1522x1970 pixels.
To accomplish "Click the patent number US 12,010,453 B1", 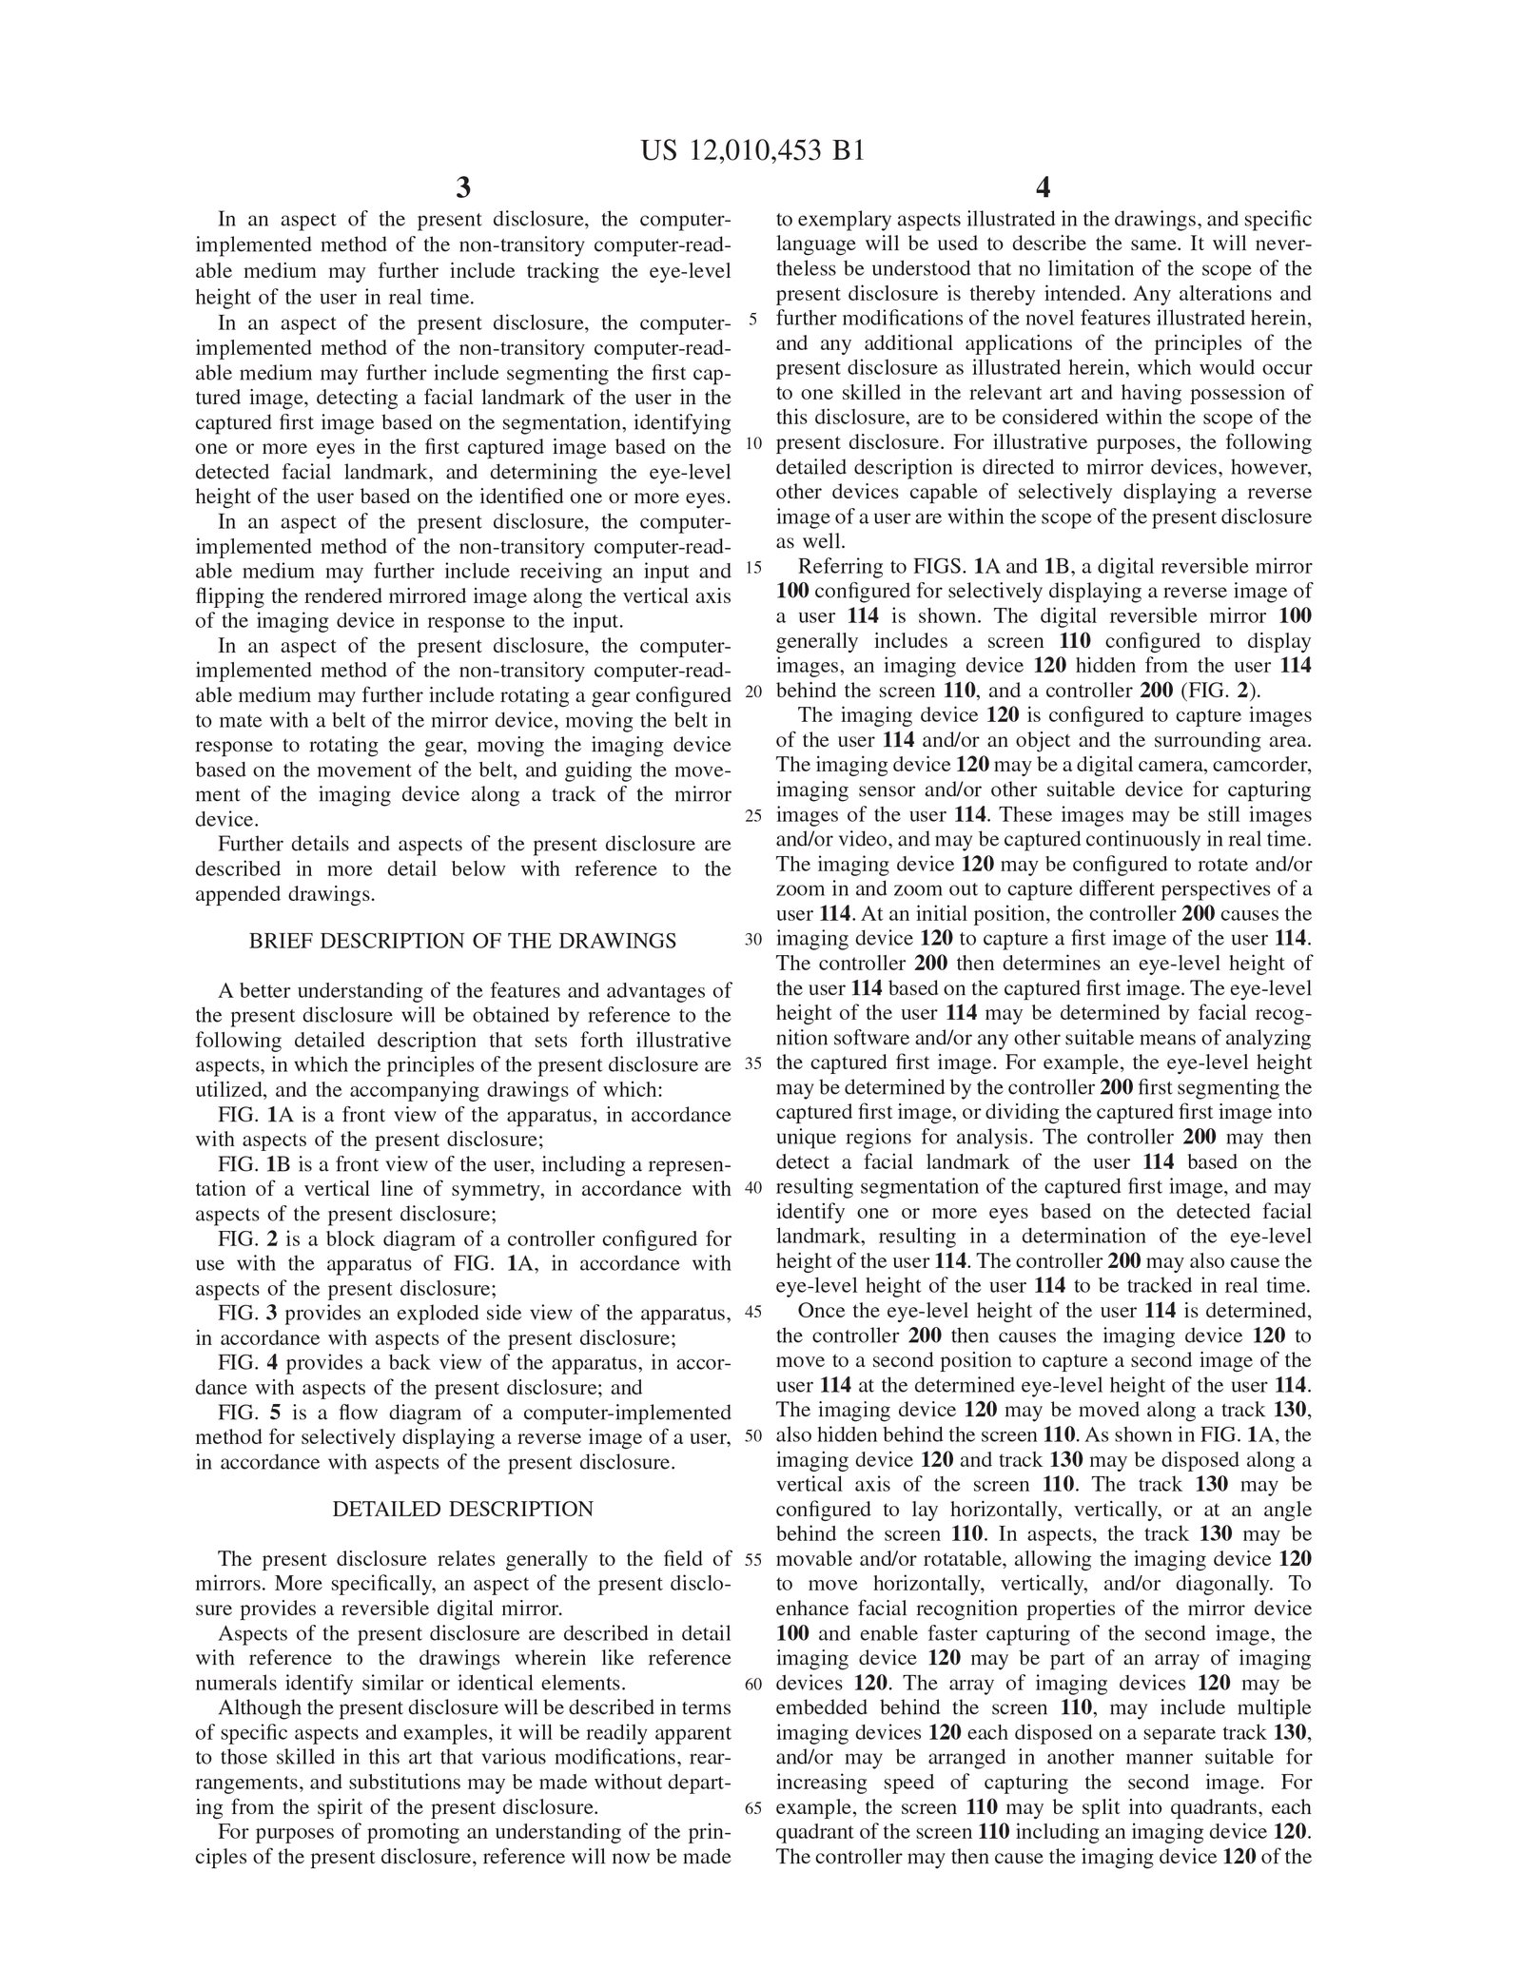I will pos(752,152).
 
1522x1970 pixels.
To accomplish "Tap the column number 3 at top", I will pos(463,187).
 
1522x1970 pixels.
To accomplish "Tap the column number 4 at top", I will pos(1044,187).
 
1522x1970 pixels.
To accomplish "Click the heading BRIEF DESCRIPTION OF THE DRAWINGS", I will pos(462,941).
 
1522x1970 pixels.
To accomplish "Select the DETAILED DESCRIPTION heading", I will pos(462,1509).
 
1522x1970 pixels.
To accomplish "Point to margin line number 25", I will pos(753,815).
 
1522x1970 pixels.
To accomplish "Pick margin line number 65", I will pos(753,1808).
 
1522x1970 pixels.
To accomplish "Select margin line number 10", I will pos(753,443).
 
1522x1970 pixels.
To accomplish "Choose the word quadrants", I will pos(1214,1807).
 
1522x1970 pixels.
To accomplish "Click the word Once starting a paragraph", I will pos(819,1311).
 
